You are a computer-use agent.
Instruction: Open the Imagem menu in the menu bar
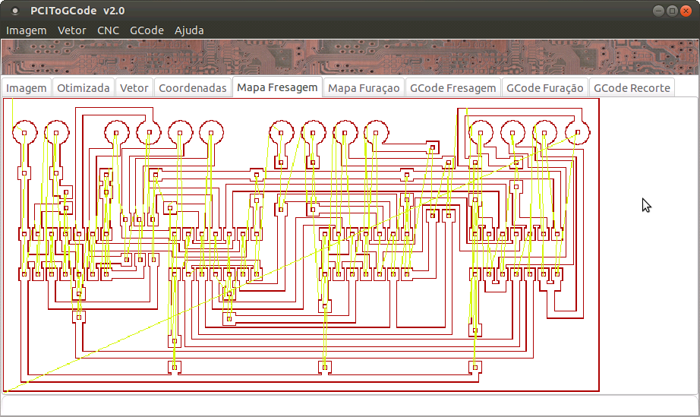pos(27,30)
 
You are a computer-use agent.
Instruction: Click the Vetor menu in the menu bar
pos(72,30)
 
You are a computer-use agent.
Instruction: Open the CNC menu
pos(108,30)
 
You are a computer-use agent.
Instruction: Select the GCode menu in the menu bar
pos(147,30)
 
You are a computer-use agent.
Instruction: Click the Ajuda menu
pos(189,30)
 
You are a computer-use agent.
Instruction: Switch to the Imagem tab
pos(27,88)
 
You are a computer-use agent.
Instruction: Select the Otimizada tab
pos(84,88)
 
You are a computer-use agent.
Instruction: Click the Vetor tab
pos(134,88)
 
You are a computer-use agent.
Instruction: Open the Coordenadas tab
pos(193,88)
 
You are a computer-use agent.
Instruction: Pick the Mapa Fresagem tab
pos(277,87)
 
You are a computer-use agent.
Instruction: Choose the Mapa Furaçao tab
pos(364,88)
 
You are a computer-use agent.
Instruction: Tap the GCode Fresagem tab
pos(453,88)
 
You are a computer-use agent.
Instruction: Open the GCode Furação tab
pos(545,88)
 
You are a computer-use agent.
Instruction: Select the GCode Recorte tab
pos(632,88)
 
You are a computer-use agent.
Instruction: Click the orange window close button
pos(686,10)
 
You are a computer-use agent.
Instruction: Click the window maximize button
pos(672,10)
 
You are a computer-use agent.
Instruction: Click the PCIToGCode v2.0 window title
pos(77,11)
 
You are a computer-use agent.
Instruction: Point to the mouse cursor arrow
pos(645,204)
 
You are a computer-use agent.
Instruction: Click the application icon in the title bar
pos(15,11)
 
